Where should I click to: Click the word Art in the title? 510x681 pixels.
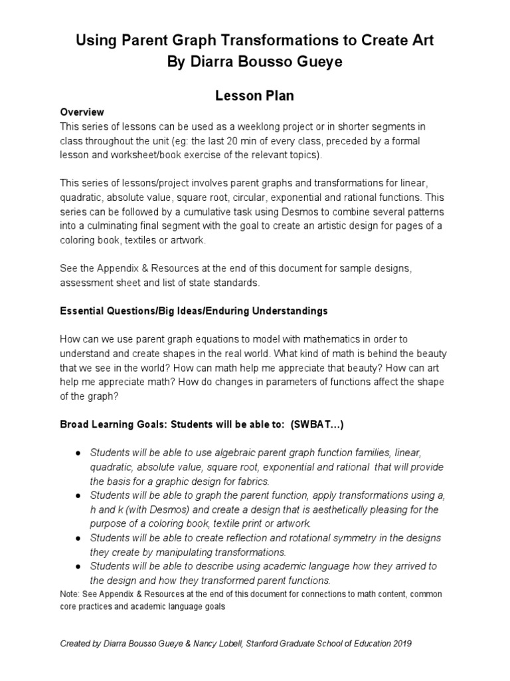pos(419,41)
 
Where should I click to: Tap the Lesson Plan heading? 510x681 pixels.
pos(254,96)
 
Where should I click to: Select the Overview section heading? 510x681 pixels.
pos(82,112)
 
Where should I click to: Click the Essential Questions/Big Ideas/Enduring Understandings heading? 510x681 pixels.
pos(194,311)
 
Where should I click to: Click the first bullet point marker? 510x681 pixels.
pos(78,452)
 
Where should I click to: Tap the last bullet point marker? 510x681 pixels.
pos(78,566)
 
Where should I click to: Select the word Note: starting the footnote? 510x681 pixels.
pos(70,594)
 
